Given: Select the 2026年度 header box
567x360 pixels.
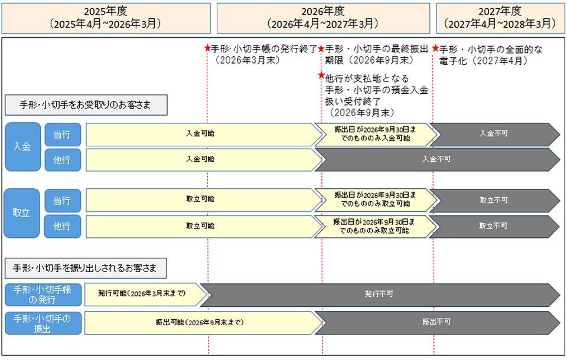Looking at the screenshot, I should coord(323,18).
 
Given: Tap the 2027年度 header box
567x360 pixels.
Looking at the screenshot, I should coord(500,18).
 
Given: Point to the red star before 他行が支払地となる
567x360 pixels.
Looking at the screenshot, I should coord(321,76).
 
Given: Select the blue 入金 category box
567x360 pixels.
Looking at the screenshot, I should coord(22,147).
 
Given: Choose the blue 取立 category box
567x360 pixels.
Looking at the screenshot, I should coord(22,213).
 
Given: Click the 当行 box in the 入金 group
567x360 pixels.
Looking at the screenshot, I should coord(62,135).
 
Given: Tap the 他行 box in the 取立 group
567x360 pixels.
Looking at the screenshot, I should coord(62,226).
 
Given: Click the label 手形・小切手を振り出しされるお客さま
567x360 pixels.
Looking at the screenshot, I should coord(85,268).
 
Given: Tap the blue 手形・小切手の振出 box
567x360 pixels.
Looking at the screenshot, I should coord(42,322).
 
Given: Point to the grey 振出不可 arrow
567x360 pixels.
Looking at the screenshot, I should coord(437,322).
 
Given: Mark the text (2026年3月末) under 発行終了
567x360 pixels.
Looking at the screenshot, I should coord(247,60).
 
